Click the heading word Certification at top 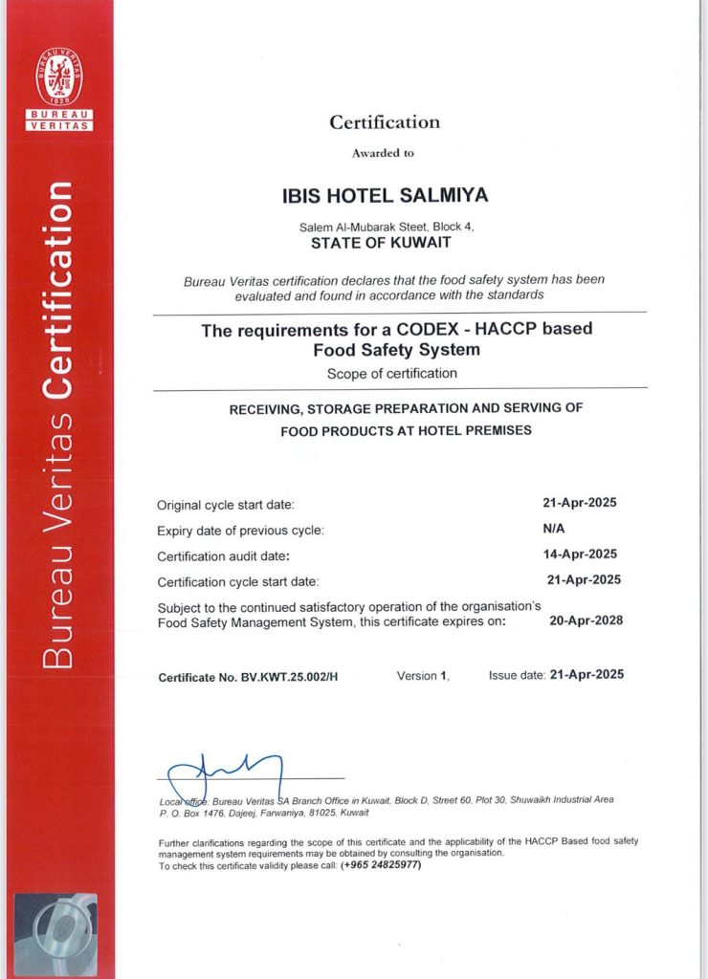point(385,122)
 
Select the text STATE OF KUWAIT point(386,244)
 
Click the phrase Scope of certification point(391,374)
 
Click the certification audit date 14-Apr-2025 point(580,554)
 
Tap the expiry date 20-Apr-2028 point(586,620)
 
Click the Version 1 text point(422,675)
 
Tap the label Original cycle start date point(226,505)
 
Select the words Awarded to point(383,153)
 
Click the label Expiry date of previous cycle point(240,531)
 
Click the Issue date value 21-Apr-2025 point(586,674)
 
